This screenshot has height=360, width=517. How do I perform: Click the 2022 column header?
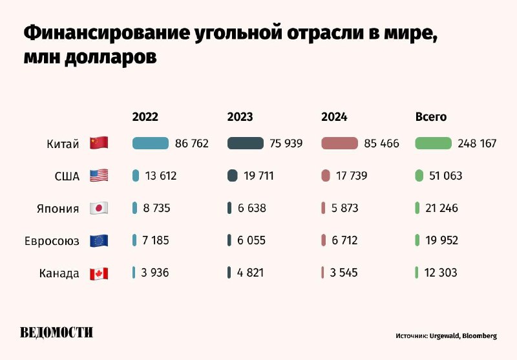(x=145, y=117)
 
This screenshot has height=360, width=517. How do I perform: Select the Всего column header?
(x=430, y=117)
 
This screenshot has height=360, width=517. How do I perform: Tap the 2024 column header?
(x=334, y=117)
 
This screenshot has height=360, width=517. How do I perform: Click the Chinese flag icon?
(x=99, y=143)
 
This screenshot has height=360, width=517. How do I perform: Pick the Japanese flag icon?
(x=99, y=208)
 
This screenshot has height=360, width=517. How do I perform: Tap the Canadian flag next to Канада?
(x=99, y=273)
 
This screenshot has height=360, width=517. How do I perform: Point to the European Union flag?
(x=99, y=241)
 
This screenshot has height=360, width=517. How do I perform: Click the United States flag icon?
(x=99, y=176)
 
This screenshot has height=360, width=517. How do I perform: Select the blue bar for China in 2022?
(x=151, y=143)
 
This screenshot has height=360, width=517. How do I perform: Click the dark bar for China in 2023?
(x=246, y=143)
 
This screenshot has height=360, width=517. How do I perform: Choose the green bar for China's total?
(x=433, y=143)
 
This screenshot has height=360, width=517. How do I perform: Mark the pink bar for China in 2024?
(x=339, y=143)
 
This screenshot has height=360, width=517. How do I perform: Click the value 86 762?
(x=192, y=143)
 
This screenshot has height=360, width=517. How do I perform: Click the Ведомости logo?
(x=57, y=333)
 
